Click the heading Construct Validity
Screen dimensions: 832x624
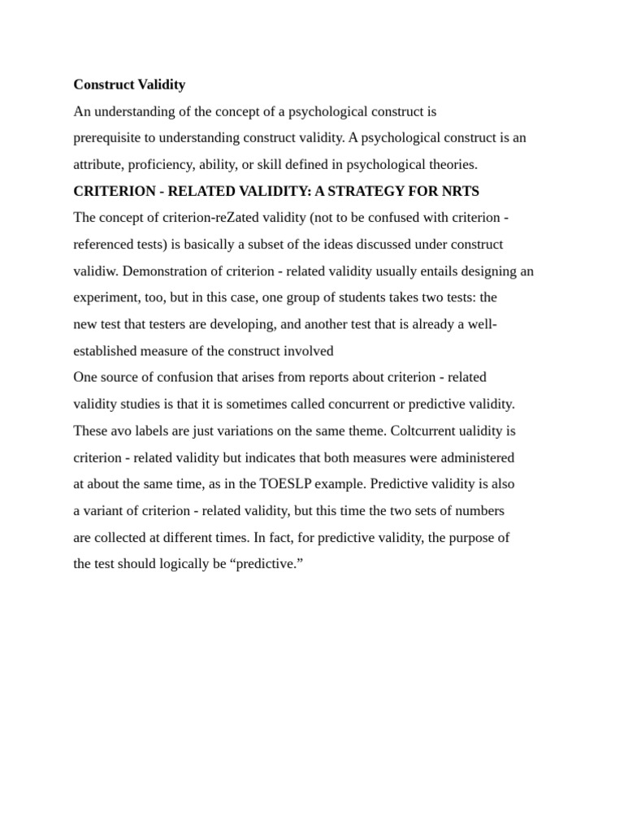pyautogui.click(x=129, y=84)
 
